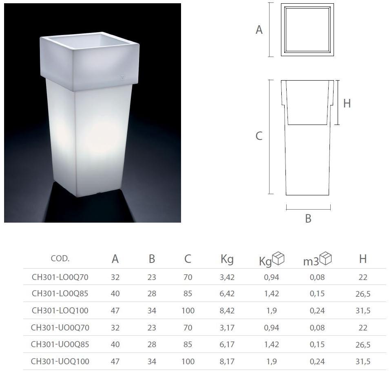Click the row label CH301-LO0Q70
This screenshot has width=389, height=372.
coord(60,277)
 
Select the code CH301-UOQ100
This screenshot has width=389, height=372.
coord(60,361)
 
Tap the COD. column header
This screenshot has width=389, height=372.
coord(60,258)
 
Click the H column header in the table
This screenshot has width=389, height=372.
coord(363,259)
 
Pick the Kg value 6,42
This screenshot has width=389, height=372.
coord(227,294)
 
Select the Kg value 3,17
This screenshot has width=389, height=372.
coord(227,328)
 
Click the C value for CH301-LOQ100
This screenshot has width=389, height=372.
coord(188,311)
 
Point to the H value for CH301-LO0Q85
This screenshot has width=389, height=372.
coord(363,294)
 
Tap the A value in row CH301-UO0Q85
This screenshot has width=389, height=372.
coord(115,344)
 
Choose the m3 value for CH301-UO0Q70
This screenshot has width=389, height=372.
coord(317,328)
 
